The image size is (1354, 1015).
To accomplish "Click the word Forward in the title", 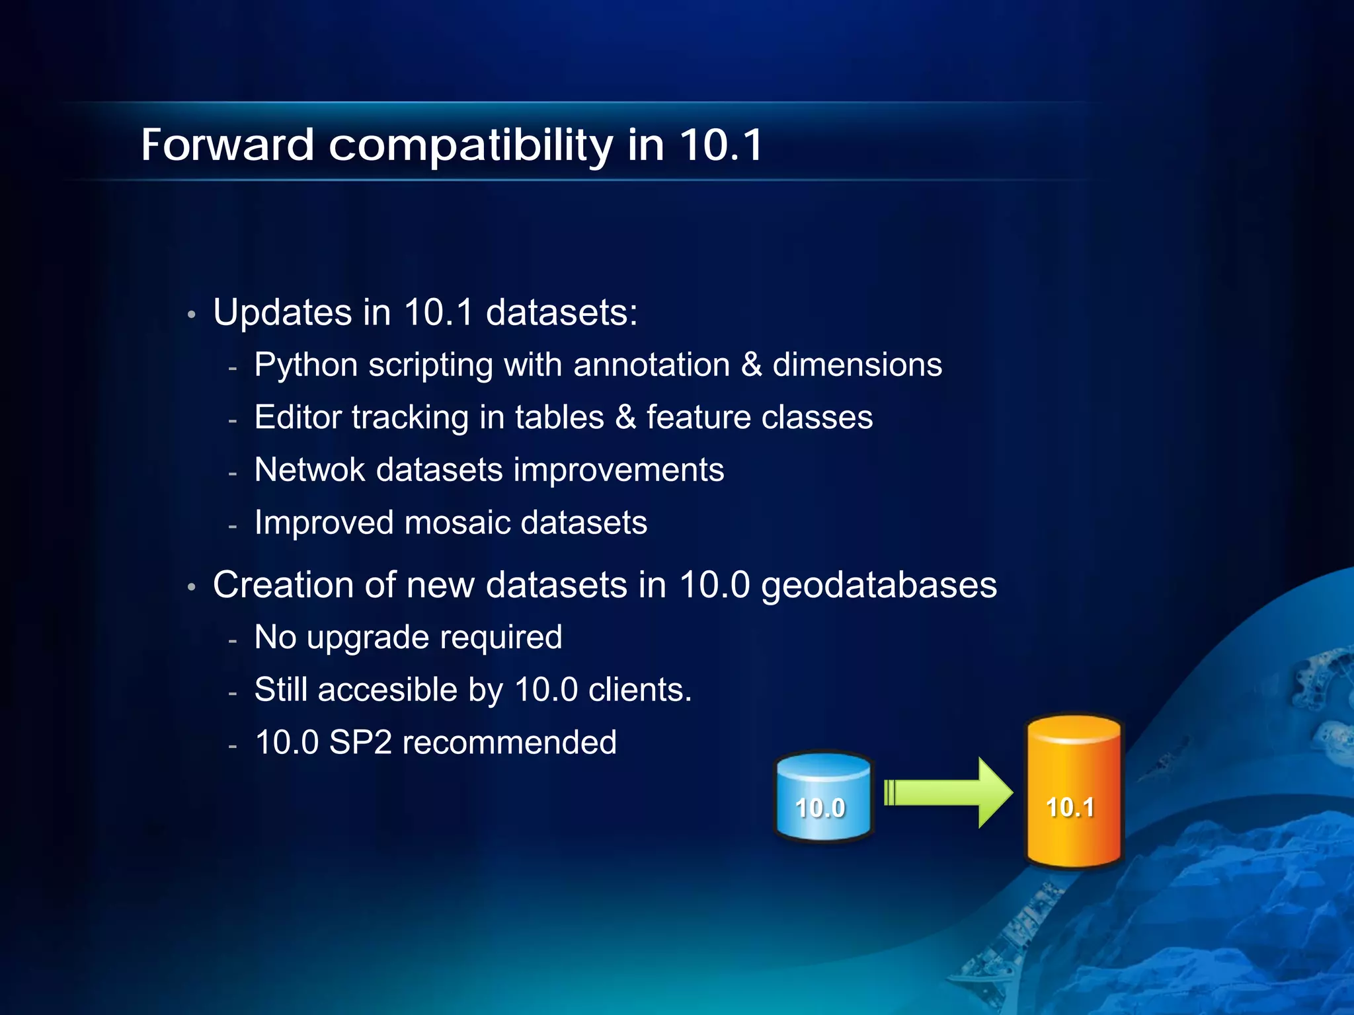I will [x=227, y=145].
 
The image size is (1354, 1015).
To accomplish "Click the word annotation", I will [x=651, y=365].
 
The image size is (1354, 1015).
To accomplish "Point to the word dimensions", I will [x=857, y=365].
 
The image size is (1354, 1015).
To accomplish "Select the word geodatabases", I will [x=879, y=586].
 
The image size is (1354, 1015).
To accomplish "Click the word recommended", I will [x=509, y=742].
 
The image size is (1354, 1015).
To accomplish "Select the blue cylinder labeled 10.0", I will [x=822, y=797].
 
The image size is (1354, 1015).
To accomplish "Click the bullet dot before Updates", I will [x=191, y=315].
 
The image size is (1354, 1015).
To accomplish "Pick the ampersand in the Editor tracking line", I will [x=625, y=418].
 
